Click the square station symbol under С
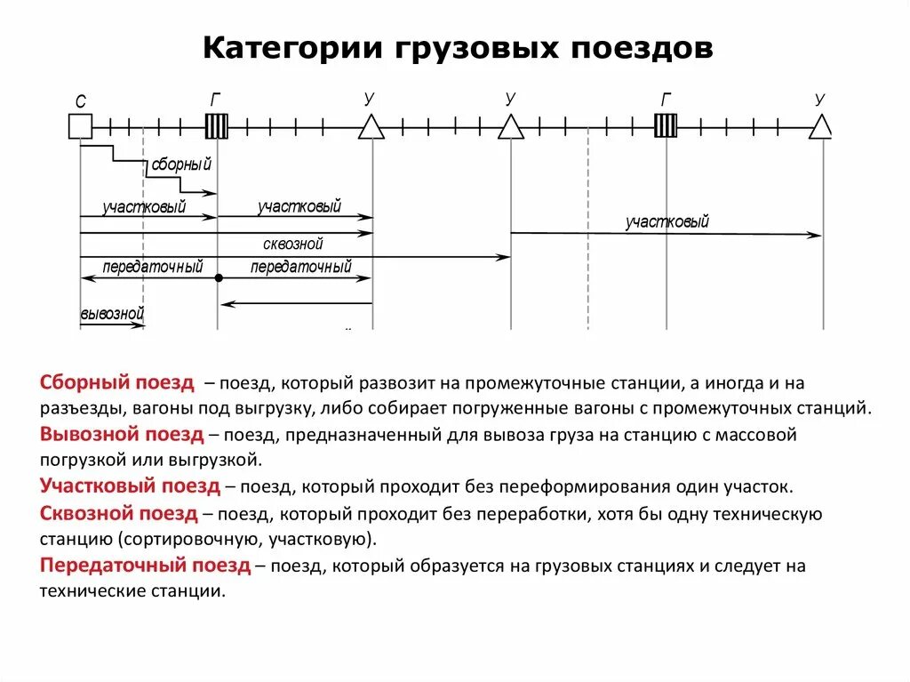pos(80,128)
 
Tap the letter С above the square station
pos(80,102)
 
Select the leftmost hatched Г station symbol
pos(217,127)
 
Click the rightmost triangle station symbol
pos(821,129)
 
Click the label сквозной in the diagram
pos(292,244)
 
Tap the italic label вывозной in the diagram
pos(112,314)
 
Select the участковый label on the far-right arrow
pos(667,222)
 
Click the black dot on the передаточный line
pos(218,278)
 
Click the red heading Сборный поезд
pos(116,383)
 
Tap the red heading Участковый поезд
pos(130,486)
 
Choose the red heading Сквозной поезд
pos(119,513)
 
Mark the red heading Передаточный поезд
pos(145,566)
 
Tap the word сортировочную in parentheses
pos(181,539)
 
